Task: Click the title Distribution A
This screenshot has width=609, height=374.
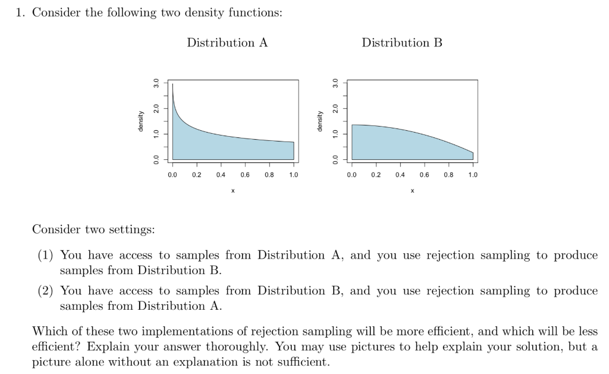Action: [227, 43]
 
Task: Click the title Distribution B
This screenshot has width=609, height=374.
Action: [402, 43]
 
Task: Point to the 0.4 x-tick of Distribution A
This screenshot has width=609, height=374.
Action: [221, 175]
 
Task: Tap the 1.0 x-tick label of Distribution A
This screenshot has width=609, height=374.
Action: [293, 175]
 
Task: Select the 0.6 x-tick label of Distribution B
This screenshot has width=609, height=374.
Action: [424, 175]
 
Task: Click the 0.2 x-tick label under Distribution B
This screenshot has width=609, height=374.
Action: [375, 175]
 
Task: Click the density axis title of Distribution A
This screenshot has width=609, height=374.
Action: [141, 121]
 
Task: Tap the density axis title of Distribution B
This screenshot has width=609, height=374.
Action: [320, 121]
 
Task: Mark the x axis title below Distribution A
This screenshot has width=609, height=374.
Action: [233, 191]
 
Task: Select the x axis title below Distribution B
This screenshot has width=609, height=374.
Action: [412, 191]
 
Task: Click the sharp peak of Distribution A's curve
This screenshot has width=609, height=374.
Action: [172, 85]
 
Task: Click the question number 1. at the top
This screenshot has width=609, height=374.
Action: [21, 13]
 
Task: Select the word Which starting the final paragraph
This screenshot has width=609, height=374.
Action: [47, 332]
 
